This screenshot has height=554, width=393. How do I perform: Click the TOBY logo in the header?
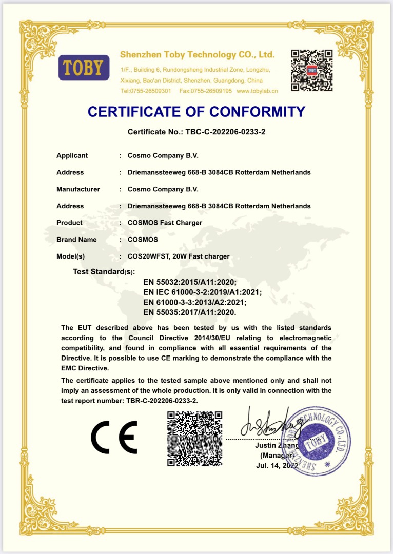84,67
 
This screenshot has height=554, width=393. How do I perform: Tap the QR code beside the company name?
311,70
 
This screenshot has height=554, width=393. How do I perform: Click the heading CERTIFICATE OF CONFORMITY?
196,111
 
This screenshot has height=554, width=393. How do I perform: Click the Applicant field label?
72,155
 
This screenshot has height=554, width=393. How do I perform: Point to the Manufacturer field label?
78,189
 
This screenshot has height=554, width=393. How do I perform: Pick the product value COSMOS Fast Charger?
165,223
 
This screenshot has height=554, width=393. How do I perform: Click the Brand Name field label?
76,240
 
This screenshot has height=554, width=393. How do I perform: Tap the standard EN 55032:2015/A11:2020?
190,283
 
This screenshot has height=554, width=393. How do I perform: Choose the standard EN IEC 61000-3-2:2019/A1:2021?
203,292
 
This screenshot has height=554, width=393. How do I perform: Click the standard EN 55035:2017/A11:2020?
190,312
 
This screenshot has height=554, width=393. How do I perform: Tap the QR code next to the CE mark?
194,439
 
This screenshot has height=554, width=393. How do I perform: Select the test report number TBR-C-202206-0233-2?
162,401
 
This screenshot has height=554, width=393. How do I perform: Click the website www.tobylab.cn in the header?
257,91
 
